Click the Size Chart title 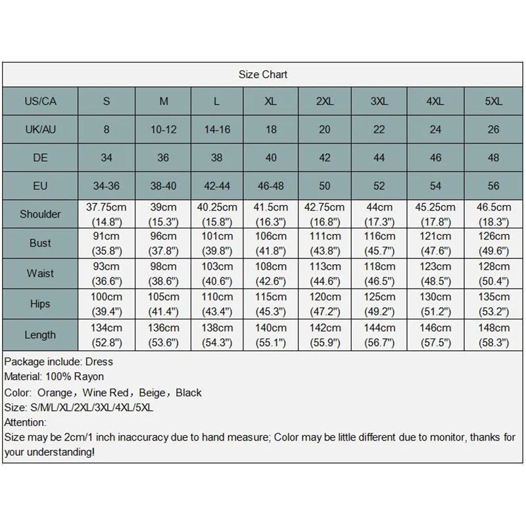click(262, 74)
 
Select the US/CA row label click(40, 101)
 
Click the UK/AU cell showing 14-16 click(216, 130)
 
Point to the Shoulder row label click(40, 214)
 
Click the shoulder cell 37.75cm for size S click(106, 214)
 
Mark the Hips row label click(40, 304)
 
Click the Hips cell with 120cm click(325, 304)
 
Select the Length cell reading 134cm click(106, 335)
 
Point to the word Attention click(25, 422)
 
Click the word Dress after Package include click(99, 362)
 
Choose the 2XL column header click(325, 101)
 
